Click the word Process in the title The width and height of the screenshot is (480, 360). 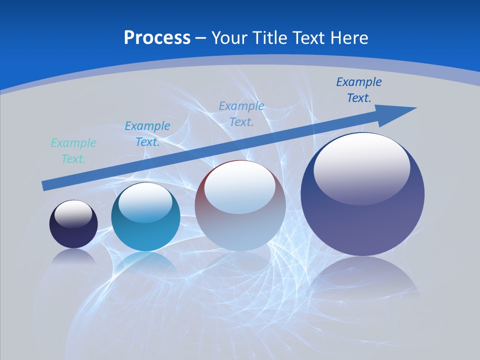pos(157,38)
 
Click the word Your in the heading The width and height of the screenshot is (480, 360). pos(228,38)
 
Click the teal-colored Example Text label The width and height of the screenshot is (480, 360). pos(73,151)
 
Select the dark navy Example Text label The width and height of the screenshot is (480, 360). pos(359,90)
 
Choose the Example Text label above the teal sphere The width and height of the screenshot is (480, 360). pos(147,134)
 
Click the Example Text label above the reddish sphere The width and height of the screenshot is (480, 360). pos(241,114)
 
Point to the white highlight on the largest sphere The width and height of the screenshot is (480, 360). pos(362,167)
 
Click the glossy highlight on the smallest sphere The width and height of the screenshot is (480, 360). pos(73,214)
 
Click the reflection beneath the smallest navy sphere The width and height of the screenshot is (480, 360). pos(74,256)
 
